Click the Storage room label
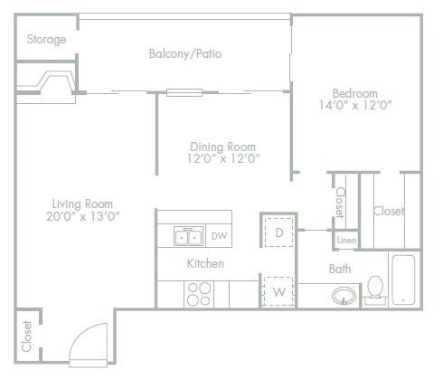coord(47,40)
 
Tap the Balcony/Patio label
coord(185,54)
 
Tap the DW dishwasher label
coord(218,237)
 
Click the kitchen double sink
coord(188,237)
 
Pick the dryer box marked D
coord(279,232)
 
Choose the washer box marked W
coord(279,292)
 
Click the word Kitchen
coord(205,264)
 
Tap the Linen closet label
coord(346,241)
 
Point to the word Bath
coord(340,269)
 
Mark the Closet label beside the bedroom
coord(389,212)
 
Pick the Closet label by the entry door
coord(26,336)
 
